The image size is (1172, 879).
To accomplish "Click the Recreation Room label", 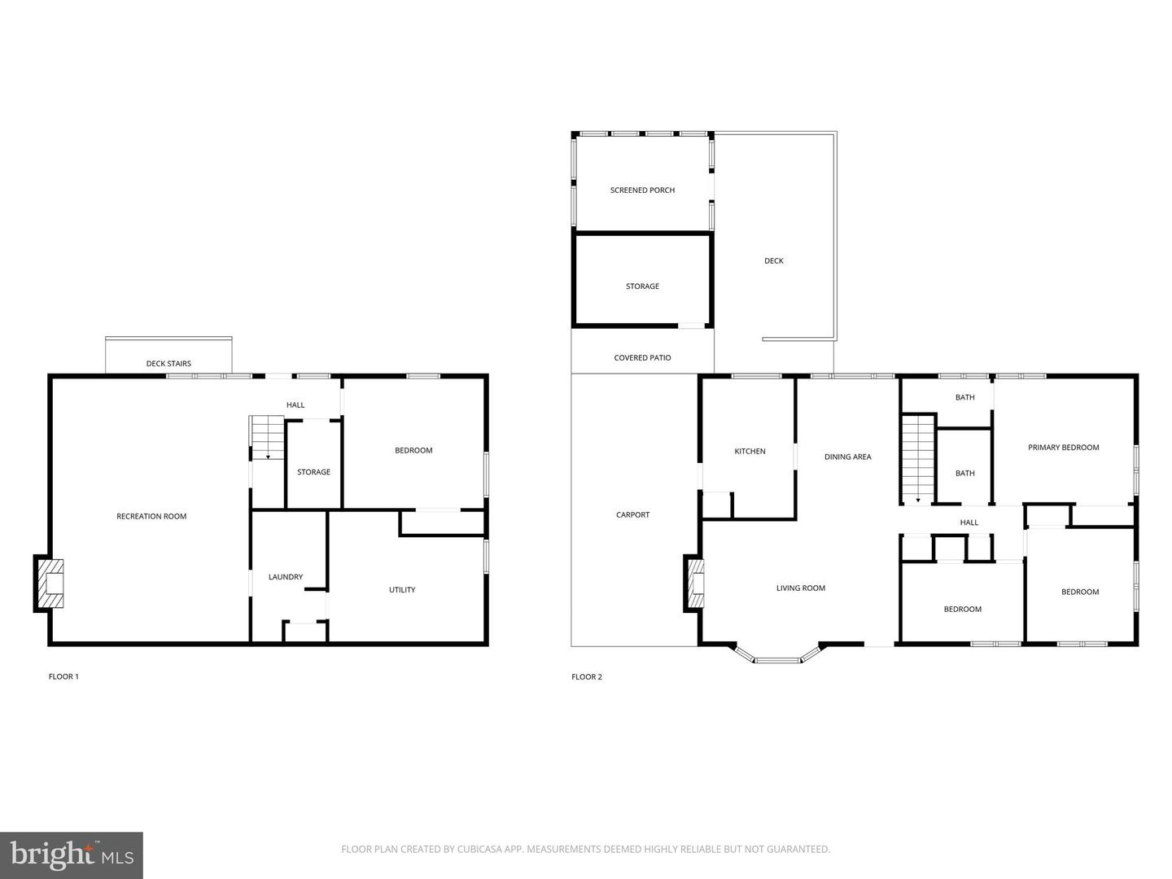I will click(151, 516).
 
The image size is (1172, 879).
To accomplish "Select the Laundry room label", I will click(286, 577).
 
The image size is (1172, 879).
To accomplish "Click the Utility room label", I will click(402, 590).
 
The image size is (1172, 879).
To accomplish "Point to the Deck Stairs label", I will click(168, 364).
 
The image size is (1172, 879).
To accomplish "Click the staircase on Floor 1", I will click(267, 438).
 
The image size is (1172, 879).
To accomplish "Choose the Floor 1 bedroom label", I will click(413, 450).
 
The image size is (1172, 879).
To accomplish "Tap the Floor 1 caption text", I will click(63, 676).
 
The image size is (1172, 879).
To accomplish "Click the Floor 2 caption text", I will click(587, 676).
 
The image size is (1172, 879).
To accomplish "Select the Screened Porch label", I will click(642, 190).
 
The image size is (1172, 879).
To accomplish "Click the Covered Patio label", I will click(642, 358).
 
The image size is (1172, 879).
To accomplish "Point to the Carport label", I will click(632, 514).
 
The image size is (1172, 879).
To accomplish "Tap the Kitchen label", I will click(750, 451).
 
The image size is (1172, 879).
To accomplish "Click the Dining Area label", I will click(847, 457).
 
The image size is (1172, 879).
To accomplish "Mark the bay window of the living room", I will click(776, 656).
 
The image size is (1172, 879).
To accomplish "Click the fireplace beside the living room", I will click(694, 584).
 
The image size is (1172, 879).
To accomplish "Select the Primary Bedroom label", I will click(1063, 447).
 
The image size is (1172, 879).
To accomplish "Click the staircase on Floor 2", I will click(917, 460).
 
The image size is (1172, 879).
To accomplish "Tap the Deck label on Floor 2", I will click(773, 260).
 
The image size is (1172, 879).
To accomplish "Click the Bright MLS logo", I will click(72, 855).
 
